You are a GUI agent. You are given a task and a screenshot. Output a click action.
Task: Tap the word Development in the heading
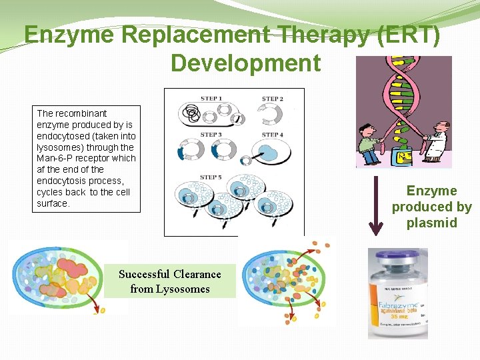(245, 63)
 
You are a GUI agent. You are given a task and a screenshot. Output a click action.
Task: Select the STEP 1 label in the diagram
(211, 99)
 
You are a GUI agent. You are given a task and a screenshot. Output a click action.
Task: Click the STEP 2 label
(272, 99)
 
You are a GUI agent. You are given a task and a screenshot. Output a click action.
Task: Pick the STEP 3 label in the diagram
(211, 135)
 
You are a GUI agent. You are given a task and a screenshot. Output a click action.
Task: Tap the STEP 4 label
(272, 135)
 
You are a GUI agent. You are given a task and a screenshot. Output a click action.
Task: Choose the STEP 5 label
(211, 177)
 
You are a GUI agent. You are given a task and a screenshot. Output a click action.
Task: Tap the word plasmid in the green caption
(432, 223)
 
